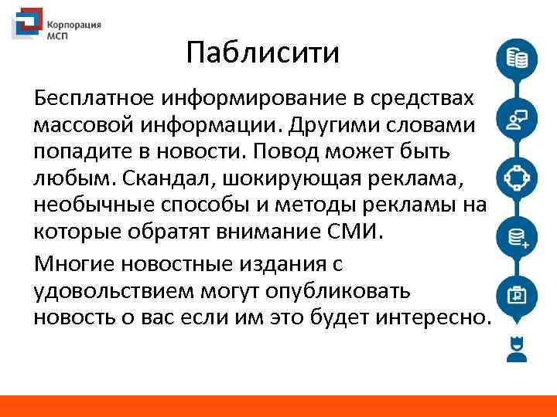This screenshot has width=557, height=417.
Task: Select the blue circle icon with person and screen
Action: (x=516, y=119)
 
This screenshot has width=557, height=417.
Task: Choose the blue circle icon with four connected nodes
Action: (x=516, y=178)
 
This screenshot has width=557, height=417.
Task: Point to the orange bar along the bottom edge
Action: (x=278, y=406)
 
